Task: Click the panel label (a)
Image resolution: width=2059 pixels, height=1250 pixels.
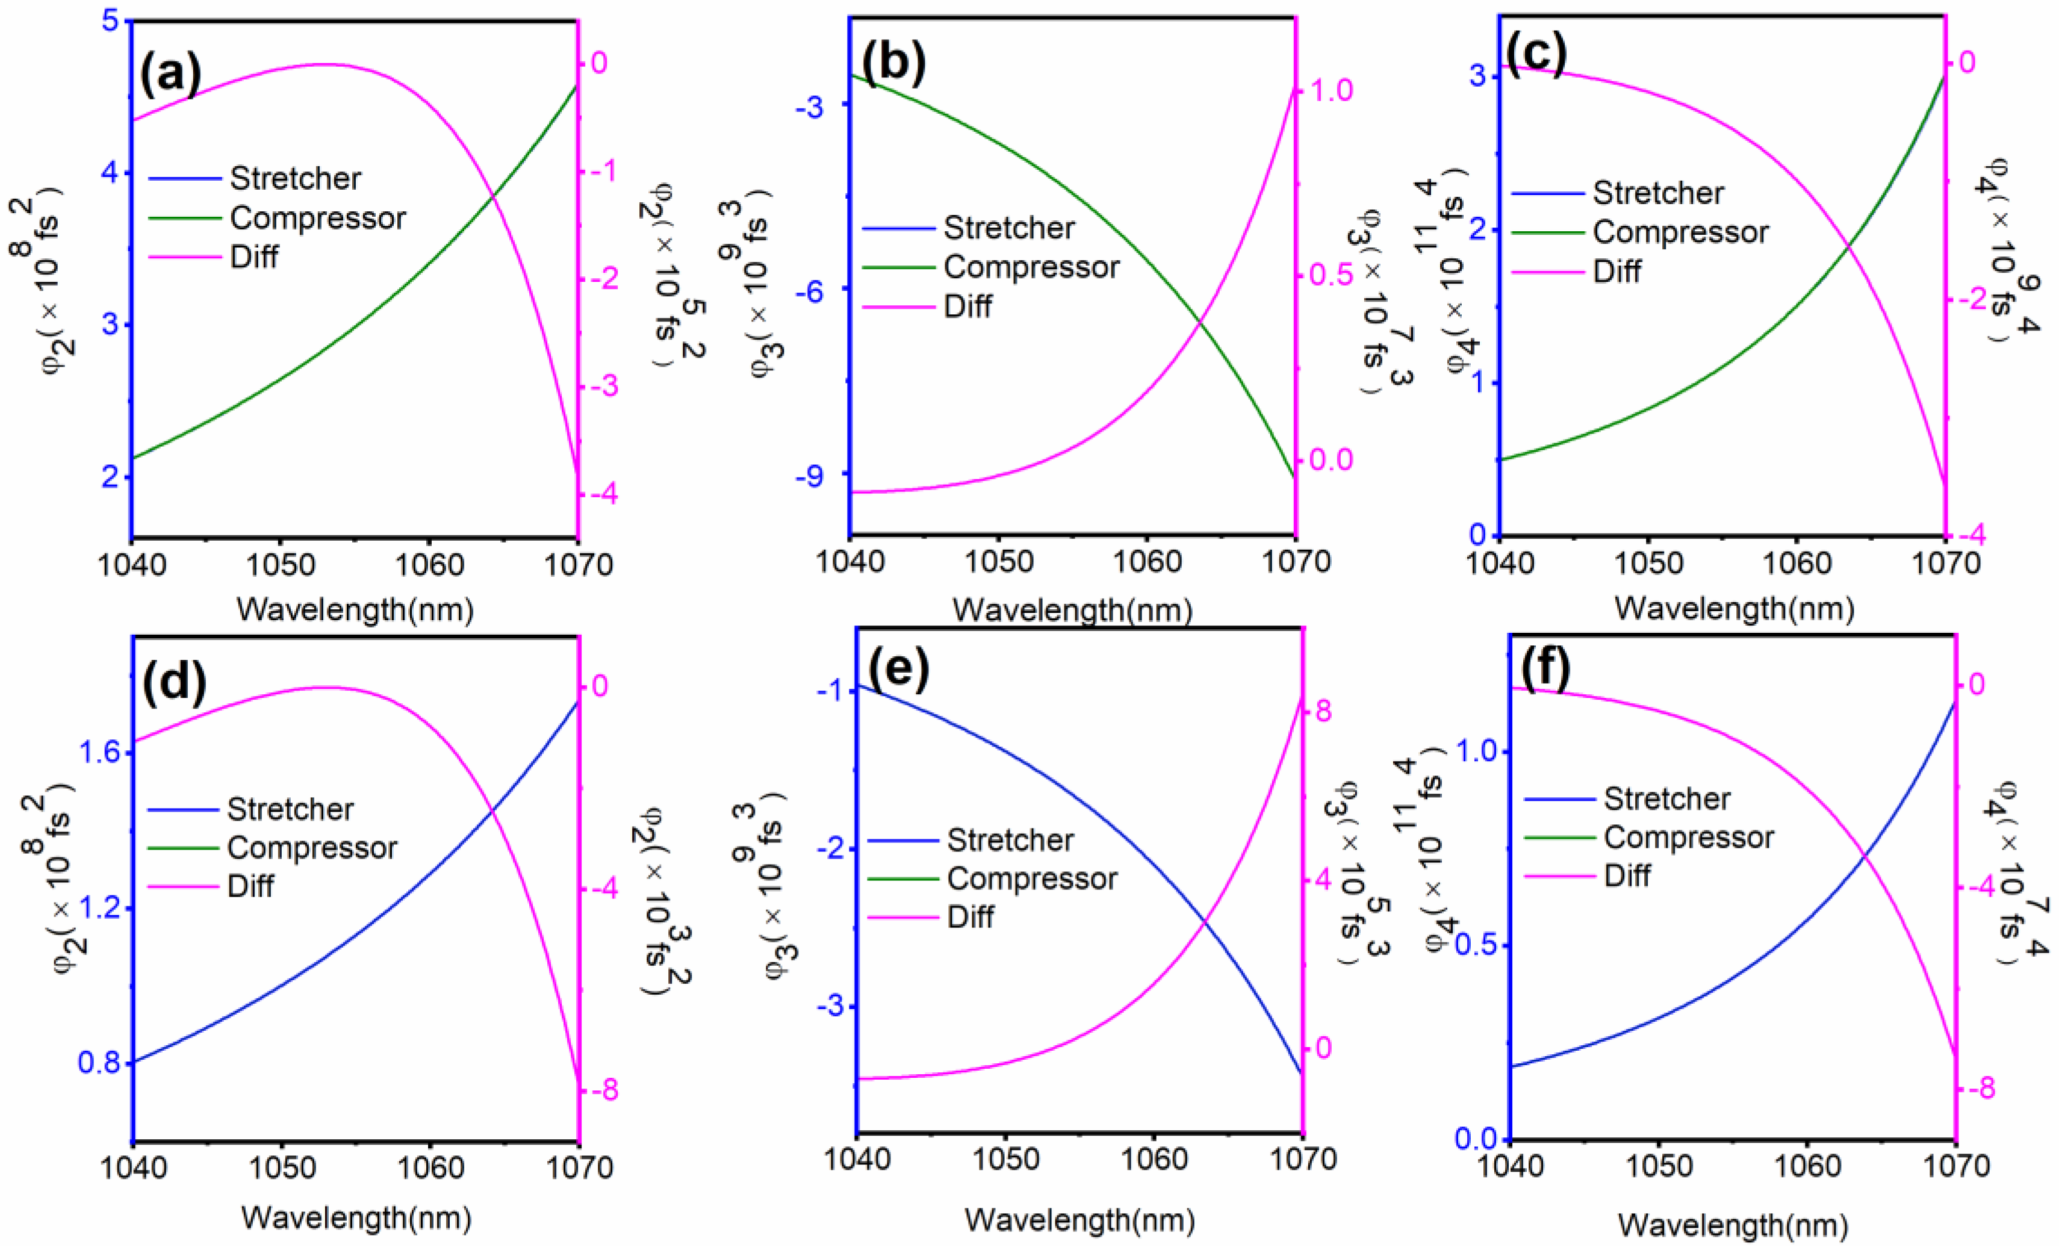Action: tap(170, 73)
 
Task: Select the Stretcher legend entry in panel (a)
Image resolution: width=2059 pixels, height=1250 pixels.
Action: tap(295, 178)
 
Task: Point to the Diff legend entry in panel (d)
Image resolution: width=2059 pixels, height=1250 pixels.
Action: tap(250, 886)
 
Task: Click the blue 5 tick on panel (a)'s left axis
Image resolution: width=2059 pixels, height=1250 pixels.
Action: tap(110, 21)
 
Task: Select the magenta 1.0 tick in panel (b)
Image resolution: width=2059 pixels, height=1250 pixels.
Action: tap(1331, 90)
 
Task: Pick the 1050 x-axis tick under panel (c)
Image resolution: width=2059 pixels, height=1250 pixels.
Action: tap(1647, 564)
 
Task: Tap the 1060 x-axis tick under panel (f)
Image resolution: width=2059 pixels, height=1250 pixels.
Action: tap(1807, 1166)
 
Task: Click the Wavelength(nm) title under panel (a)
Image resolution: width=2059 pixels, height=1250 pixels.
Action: tap(355, 610)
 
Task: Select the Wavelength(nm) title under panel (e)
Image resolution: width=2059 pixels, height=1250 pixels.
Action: tap(1079, 1220)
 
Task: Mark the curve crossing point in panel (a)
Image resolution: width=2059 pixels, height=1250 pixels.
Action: tap(493, 196)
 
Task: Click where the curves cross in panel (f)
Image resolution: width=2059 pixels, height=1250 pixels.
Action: tap(1863, 856)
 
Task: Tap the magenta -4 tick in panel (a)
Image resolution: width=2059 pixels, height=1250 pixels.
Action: tap(600, 494)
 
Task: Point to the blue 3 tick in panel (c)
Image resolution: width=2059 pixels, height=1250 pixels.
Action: tap(1478, 75)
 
